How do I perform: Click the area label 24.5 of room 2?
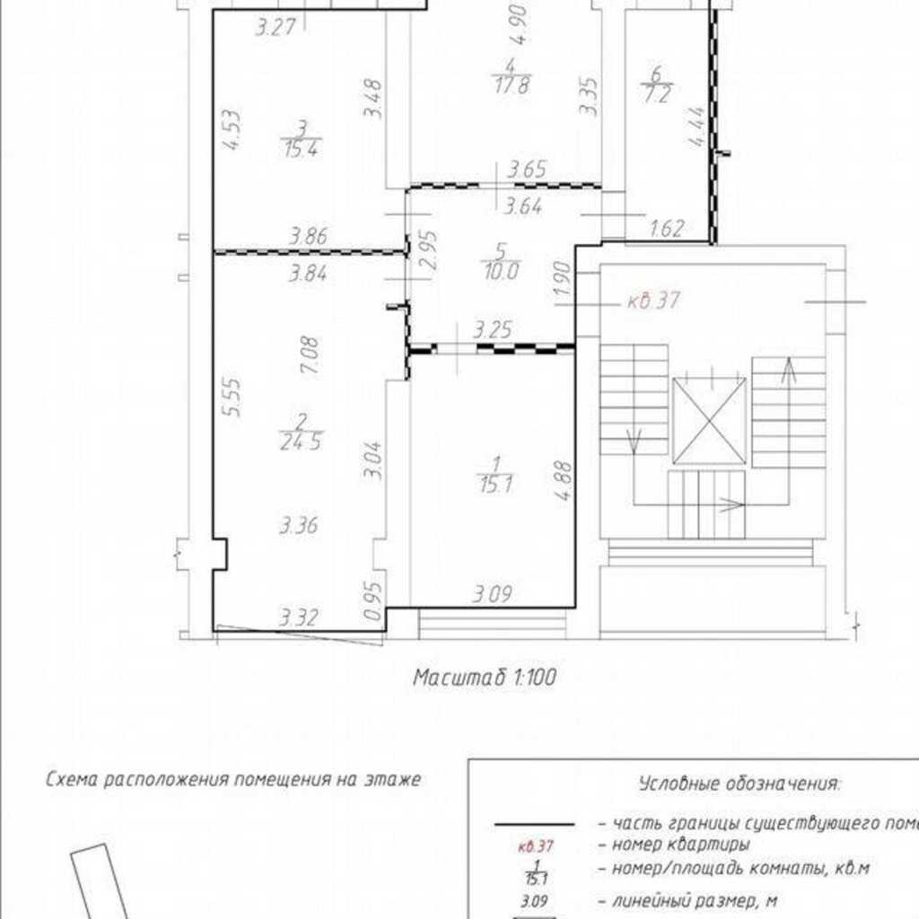(x=302, y=442)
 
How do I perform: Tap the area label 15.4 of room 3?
(x=302, y=149)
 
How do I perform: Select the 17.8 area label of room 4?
(x=512, y=85)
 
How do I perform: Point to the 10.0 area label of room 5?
(x=502, y=271)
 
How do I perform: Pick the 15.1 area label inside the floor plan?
(x=495, y=485)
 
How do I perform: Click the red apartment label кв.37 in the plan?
(x=653, y=301)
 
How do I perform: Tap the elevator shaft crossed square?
(x=709, y=421)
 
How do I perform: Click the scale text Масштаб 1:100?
(x=485, y=678)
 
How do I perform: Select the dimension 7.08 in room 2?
(x=310, y=355)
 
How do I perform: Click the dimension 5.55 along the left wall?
(x=232, y=396)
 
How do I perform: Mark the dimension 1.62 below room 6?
(x=668, y=228)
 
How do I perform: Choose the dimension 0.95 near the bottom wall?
(x=373, y=600)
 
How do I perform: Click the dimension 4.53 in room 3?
(x=232, y=130)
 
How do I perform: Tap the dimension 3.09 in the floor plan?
(x=493, y=595)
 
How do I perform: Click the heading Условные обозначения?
(x=740, y=783)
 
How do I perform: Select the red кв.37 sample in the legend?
(x=536, y=846)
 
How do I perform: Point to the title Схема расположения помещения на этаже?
(x=233, y=780)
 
